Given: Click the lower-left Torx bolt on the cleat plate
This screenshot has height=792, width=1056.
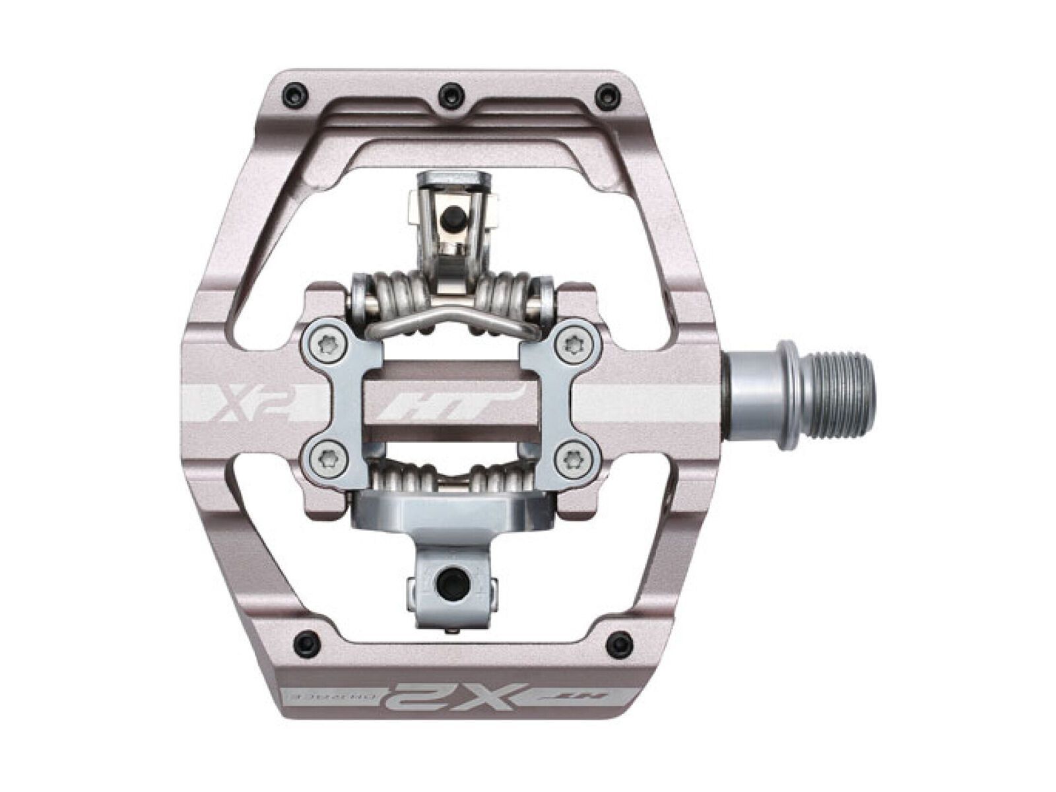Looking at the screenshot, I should [x=323, y=455].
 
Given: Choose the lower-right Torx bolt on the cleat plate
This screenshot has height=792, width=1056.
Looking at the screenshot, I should [x=572, y=455].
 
